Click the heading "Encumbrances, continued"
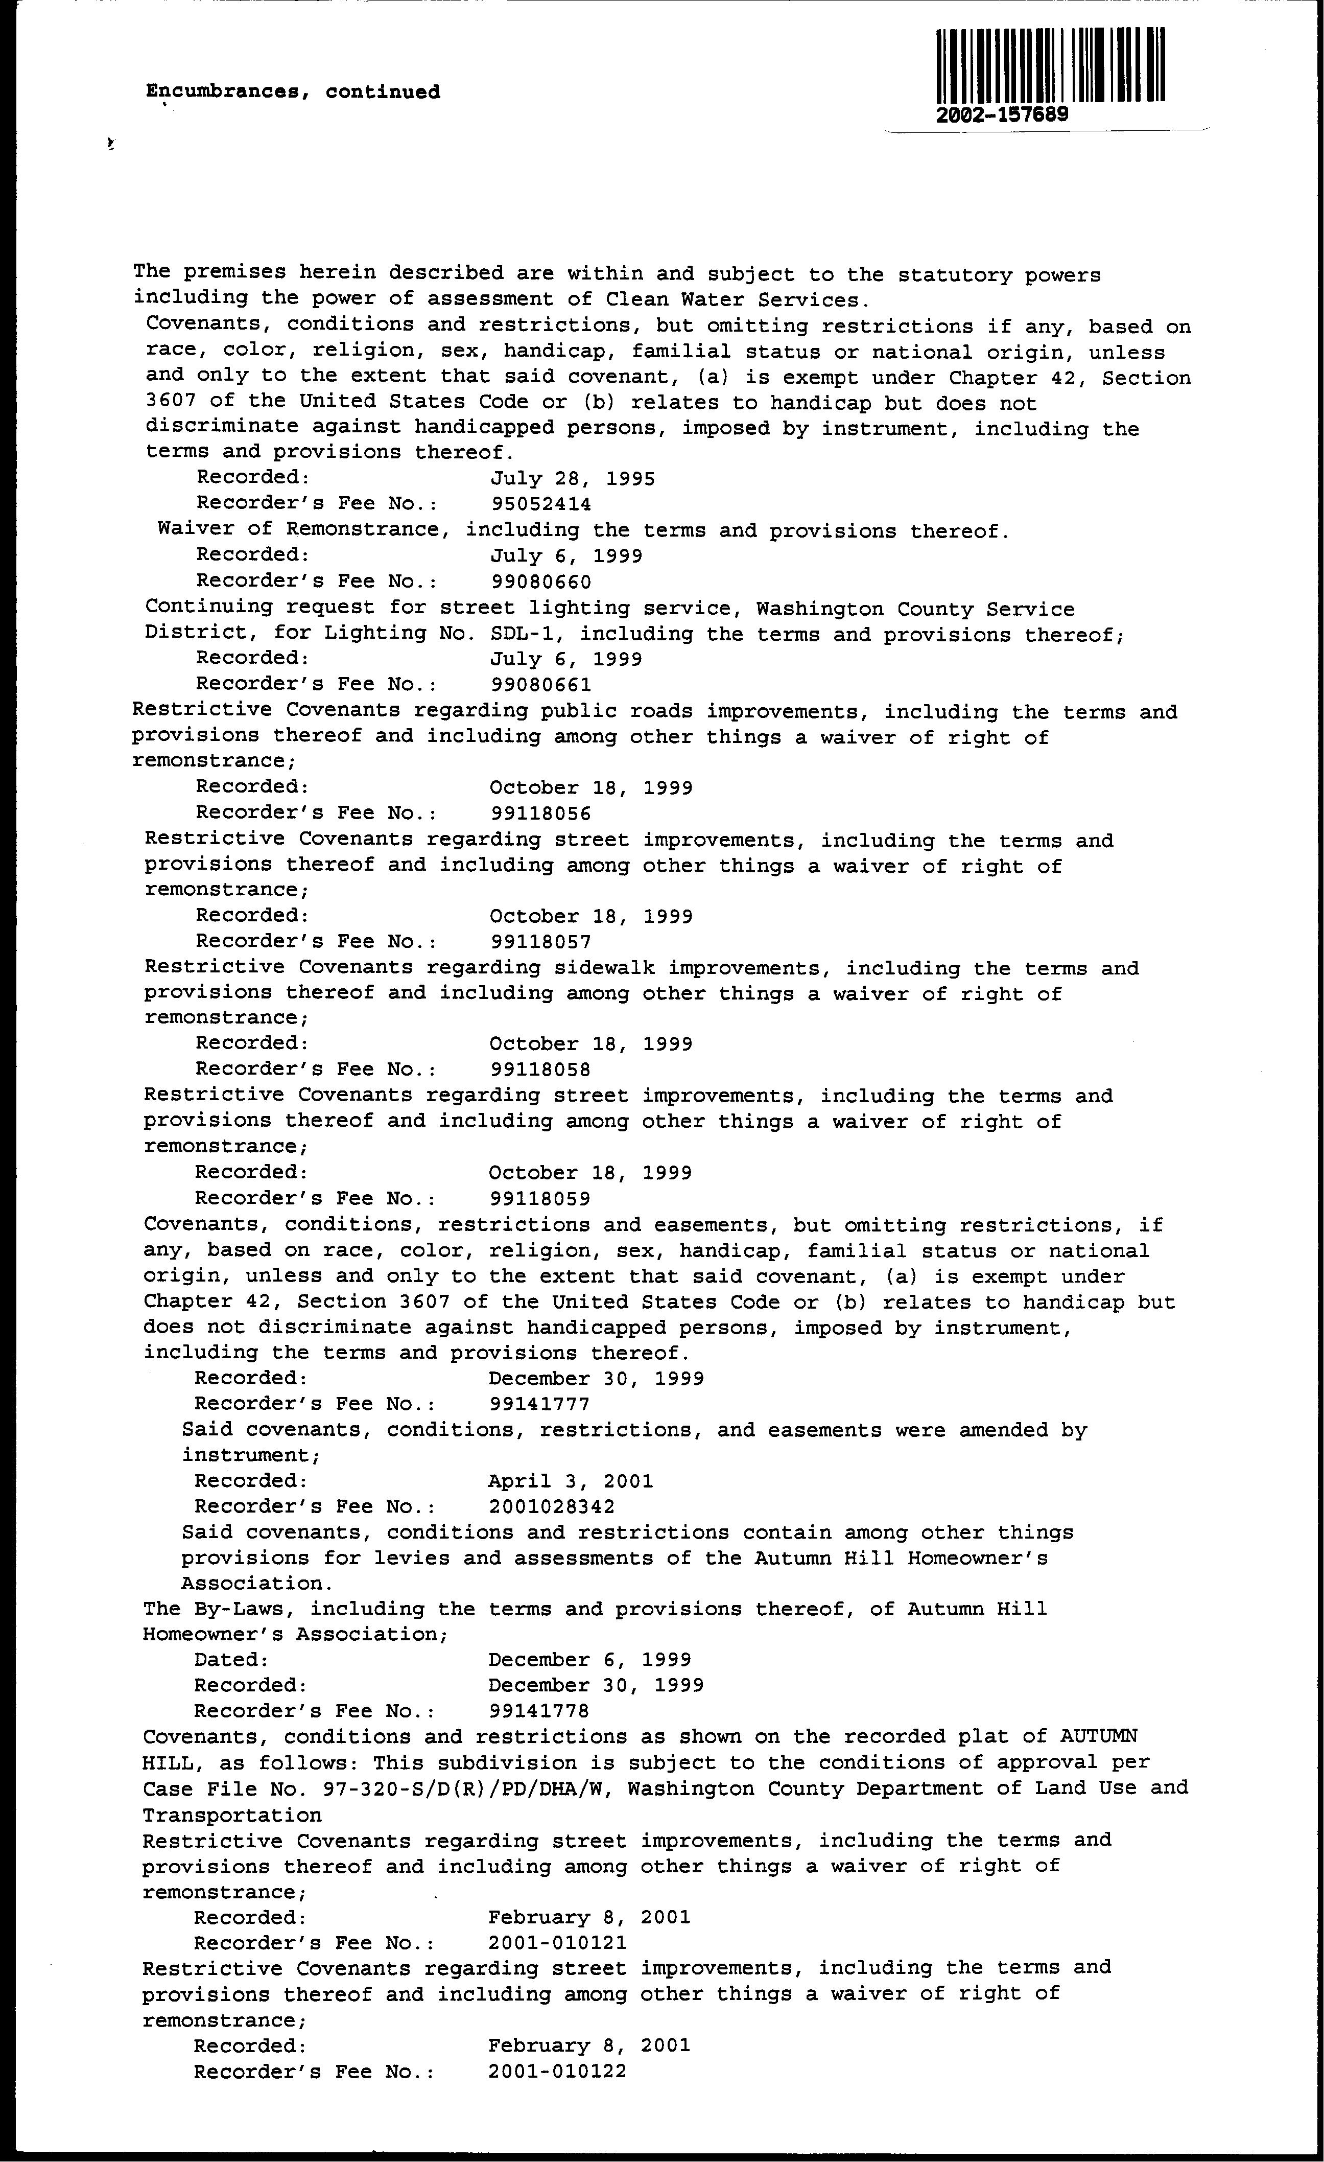(x=293, y=92)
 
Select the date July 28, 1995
(x=572, y=478)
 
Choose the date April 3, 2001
(x=571, y=1481)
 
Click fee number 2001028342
(x=552, y=1506)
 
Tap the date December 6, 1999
(x=589, y=1660)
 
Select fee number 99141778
(x=539, y=1711)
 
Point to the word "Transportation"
(x=231, y=1815)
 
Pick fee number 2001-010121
(x=557, y=1943)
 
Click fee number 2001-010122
(x=557, y=2071)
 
